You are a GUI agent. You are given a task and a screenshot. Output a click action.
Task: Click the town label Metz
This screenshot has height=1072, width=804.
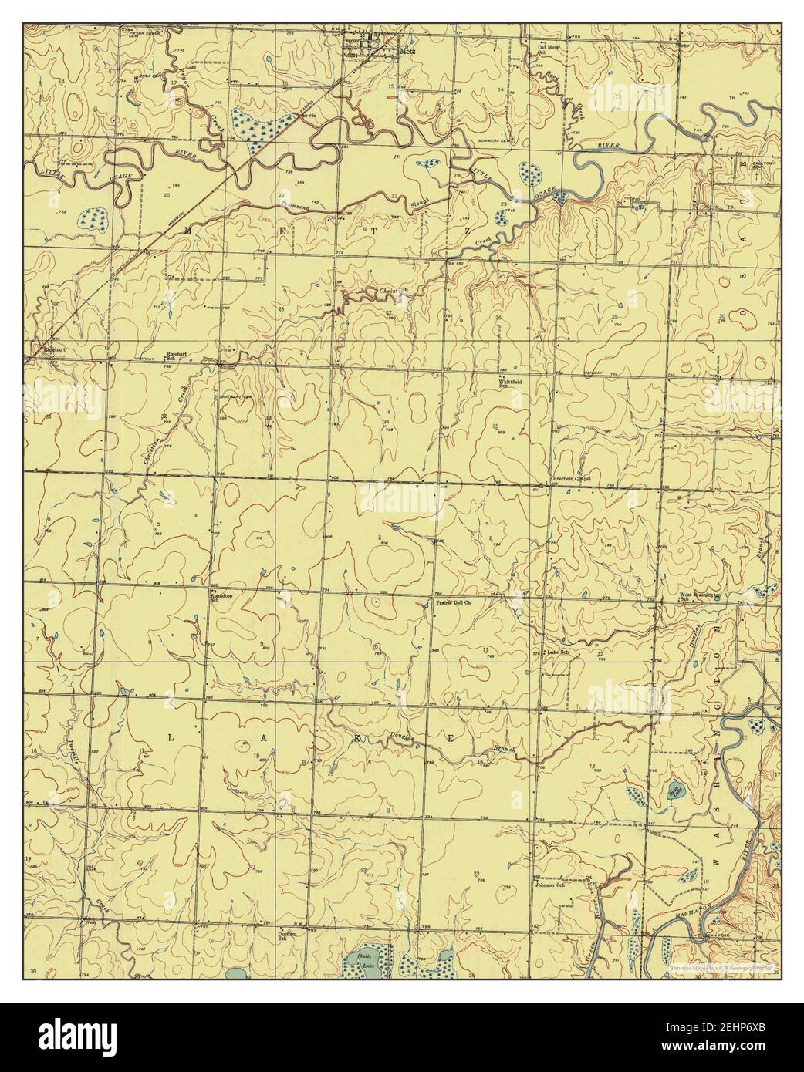[408, 52]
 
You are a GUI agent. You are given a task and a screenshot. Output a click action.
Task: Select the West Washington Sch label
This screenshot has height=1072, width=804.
[699, 597]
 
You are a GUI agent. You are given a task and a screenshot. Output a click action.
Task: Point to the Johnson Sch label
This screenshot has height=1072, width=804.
[550, 885]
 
